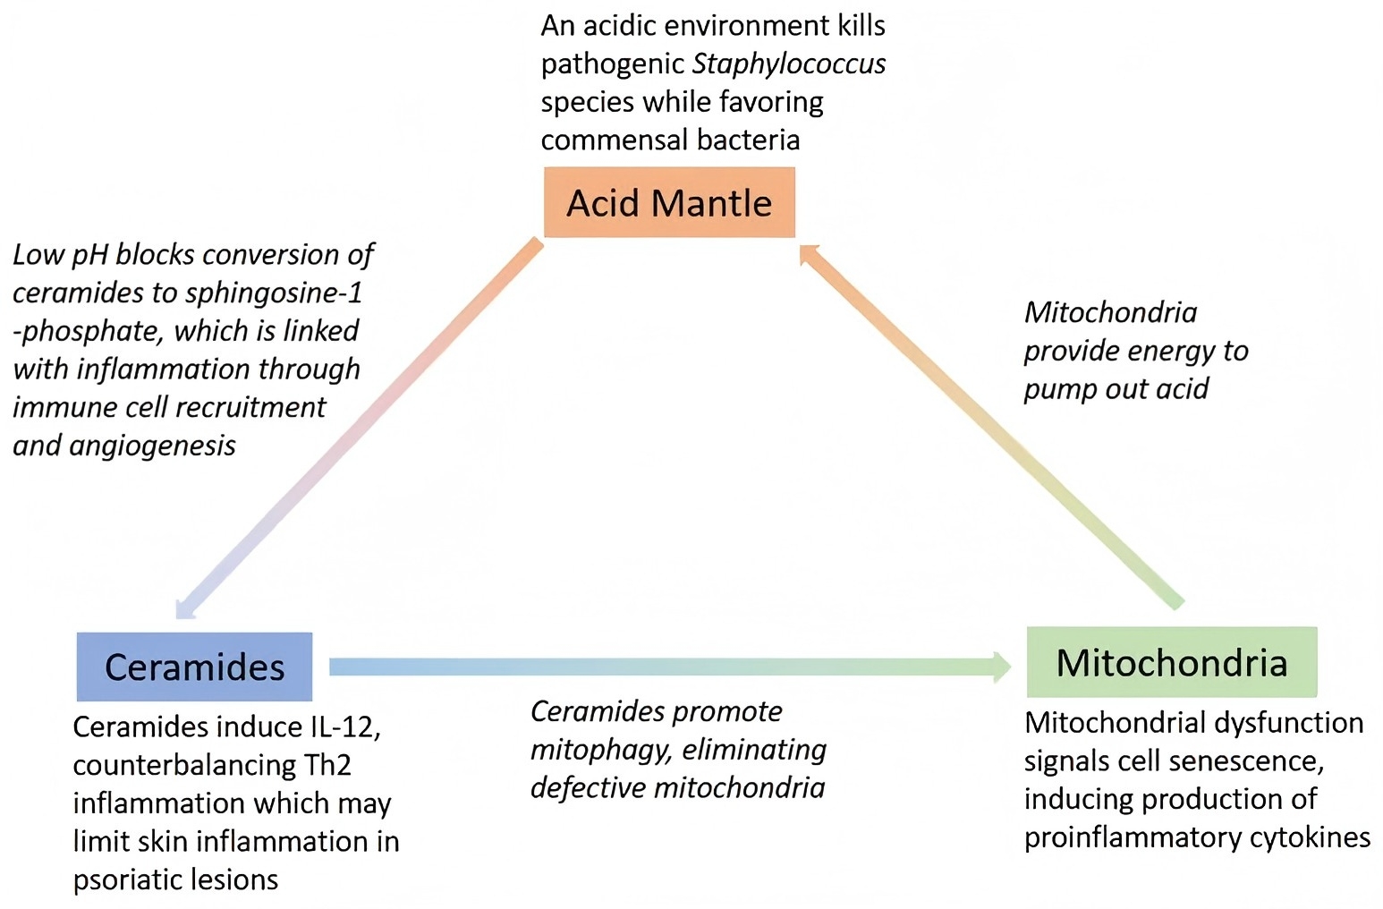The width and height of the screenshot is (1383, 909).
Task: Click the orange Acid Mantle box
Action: point(669,203)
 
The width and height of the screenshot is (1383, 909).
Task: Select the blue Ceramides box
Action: point(194,667)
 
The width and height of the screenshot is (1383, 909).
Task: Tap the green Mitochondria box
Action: point(1172,662)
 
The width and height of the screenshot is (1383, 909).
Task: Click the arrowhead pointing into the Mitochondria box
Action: point(1000,667)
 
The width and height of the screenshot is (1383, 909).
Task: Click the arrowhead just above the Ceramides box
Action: point(185,608)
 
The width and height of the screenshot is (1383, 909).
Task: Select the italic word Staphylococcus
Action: point(789,64)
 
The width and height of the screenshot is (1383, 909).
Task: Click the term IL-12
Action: point(344,726)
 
